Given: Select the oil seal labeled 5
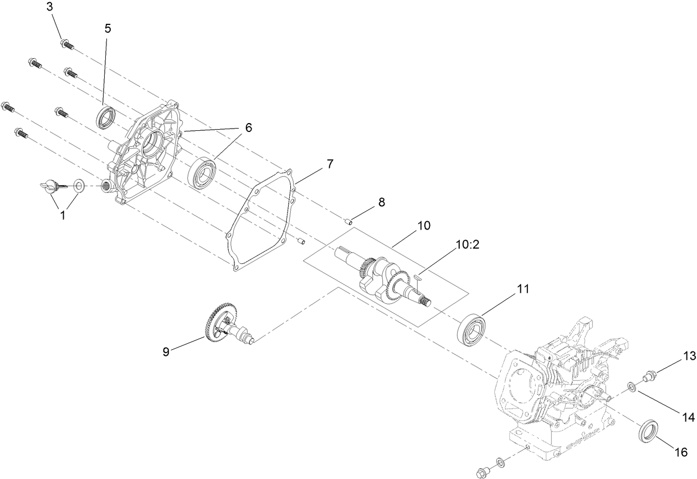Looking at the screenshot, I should coord(106,117).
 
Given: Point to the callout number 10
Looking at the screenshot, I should coord(424,226).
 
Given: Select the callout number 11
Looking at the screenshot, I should coord(523,289).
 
